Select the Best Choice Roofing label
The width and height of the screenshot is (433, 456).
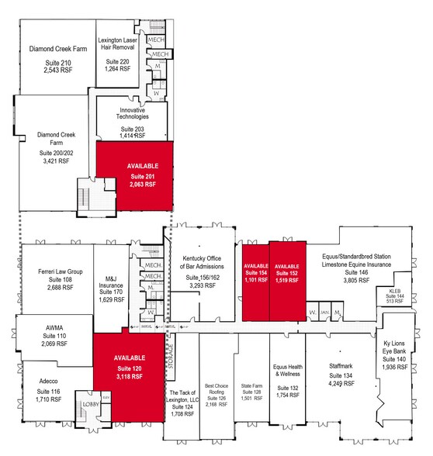216,392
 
